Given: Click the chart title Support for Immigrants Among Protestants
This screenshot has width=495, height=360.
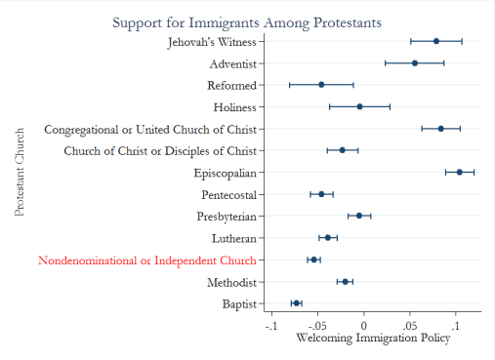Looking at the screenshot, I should click(x=246, y=20).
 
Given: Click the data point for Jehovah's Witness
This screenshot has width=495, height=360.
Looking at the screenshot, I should click(x=436, y=41).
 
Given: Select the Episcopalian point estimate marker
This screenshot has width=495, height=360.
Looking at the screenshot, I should click(x=460, y=172).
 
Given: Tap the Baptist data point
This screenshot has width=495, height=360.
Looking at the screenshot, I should click(x=297, y=303).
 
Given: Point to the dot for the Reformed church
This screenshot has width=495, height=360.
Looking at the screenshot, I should click(x=321, y=85).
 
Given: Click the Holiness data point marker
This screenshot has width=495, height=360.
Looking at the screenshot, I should click(x=359, y=106).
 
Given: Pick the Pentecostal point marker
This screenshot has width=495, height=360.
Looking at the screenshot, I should click(x=321, y=194).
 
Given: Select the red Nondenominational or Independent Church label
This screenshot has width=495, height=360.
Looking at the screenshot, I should click(x=147, y=260).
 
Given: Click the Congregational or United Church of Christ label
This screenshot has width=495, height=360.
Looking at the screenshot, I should click(x=150, y=129).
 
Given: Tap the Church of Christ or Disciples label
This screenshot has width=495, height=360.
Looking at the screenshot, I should click(x=160, y=150).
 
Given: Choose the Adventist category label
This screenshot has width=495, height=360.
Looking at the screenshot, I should click(x=232, y=63).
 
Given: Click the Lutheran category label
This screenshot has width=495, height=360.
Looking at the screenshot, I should click(x=234, y=238).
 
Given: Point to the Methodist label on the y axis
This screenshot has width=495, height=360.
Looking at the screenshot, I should click(x=231, y=282).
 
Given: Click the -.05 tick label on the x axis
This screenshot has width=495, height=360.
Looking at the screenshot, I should click(x=317, y=326).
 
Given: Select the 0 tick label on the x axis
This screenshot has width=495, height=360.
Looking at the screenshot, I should click(x=364, y=326).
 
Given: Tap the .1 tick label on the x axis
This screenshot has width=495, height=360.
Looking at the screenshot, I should click(x=455, y=326).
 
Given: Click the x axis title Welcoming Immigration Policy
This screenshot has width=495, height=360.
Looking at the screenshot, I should click(x=373, y=339).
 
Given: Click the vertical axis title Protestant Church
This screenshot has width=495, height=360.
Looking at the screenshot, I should click(x=21, y=172).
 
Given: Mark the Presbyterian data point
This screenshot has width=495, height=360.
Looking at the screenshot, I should click(x=359, y=216).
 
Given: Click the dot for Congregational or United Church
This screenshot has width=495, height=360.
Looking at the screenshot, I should click(x=441, y=128).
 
